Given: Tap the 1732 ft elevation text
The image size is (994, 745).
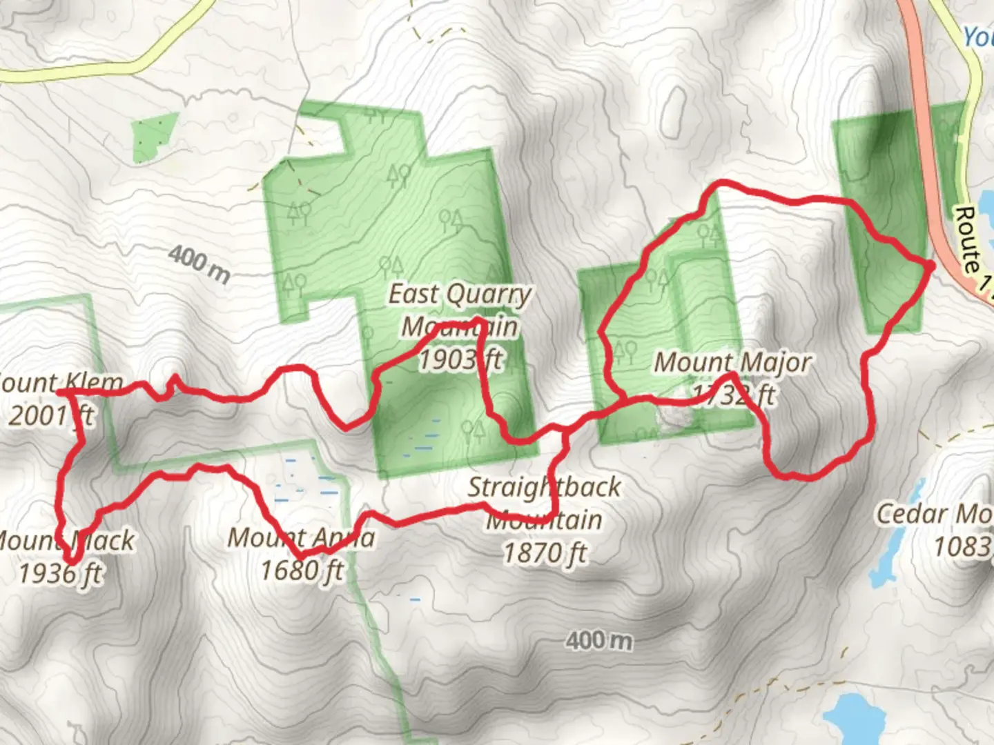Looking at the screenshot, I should [733, 395].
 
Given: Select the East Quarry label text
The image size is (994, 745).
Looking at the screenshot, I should [460, 295].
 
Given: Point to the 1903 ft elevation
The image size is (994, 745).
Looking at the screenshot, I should [460, 359].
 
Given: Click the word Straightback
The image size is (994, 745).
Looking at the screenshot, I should [544, 487].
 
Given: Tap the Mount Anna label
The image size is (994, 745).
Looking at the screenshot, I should [301, 538].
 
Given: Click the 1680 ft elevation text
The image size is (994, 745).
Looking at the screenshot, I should [301, 570].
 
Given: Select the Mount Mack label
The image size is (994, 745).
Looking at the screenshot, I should [66, 541].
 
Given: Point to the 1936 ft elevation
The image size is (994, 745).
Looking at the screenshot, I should [61, 573].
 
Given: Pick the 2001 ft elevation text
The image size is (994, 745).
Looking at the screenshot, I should [51, 415].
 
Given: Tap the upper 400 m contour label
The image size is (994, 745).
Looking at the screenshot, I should [199, 265].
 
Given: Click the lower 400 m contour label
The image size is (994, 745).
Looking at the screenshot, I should [598, 641].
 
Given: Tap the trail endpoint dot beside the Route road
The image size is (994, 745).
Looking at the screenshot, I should [930, 266].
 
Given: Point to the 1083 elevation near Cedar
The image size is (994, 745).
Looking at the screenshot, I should [963, 547].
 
